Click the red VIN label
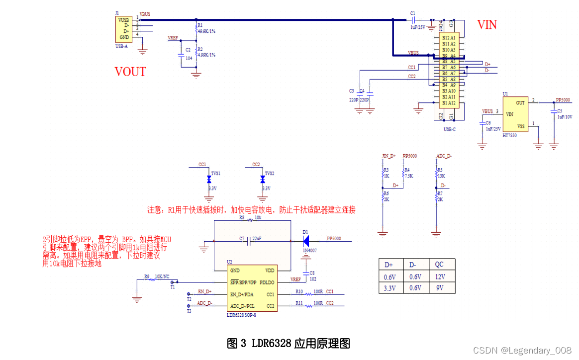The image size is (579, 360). click(x=486, y=24)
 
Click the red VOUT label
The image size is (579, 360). click(x=130, y=72)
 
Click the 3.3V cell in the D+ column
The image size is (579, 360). click(x=390, y=288)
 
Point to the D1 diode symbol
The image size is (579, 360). click(x=305, y=241)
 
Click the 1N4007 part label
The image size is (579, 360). click(x=309, y=251)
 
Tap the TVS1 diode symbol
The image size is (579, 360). click(x=209, y=180)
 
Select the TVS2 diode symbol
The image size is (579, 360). click(x=262, y=180)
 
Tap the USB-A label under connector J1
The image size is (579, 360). click(x=121, y=46)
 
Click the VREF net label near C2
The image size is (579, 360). click(x=173, y=38)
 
